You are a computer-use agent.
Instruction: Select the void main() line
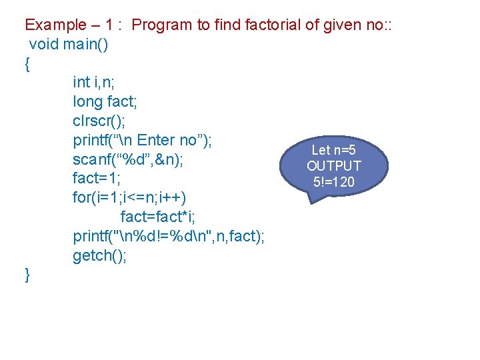pos(69,45)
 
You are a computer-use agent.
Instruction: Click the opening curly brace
pos(27,65)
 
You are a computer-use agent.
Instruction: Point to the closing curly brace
pos(27,275)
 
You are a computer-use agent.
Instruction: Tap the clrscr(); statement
pos(99,121)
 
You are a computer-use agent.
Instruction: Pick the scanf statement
pos(129,160)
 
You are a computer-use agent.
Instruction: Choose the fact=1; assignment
pos(97,179)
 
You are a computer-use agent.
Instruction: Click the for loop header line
pos(130,198)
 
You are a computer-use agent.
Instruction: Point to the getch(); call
pos(100,256)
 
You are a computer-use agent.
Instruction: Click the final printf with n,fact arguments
pos(169,237)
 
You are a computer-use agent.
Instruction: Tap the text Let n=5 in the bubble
pos(334,151)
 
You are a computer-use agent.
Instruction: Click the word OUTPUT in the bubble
pos(334,166)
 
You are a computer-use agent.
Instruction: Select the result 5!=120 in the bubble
pos(334,181)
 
